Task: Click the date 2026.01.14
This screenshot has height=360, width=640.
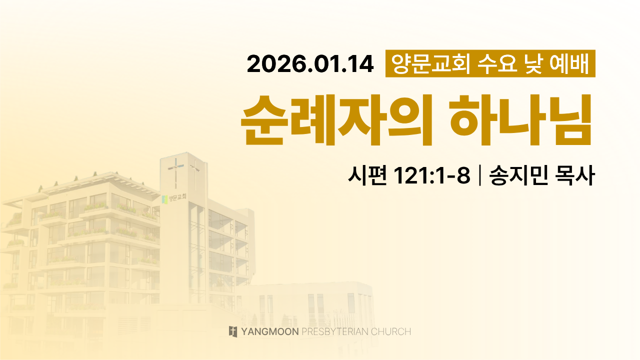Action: pyautogui.click(x=310, y=64)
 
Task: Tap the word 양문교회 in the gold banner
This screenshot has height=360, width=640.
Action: pyautogui.click(x=430, y=63)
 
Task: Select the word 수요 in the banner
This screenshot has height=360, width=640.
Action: pyautogui.click(x=497, y=63)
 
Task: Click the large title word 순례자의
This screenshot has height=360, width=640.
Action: pyautogui.click(x=336, y=119)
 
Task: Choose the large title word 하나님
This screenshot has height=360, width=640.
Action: pyautogui.click(x=520, y=119)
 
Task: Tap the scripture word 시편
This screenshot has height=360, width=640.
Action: pyautogui.click(x=367, y=175)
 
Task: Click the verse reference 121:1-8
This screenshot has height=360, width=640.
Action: pyautogui.click(x=432, y=175)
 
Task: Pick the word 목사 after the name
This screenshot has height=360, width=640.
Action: pyautogui.click(x=575, y=175)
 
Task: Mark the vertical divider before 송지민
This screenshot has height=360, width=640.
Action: pyautogui.click(x=479, y=175)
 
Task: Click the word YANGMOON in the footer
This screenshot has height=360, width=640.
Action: pyautogui.click(x=270, y=331)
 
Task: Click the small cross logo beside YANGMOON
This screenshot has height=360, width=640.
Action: pyautogui.click(x=233, y=331)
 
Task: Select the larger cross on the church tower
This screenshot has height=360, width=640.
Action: pyautogui.click(x=175, y=172)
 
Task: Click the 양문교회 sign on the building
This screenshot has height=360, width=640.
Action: pyautogui.click(x=177, y=197)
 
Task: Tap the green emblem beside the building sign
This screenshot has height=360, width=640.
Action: pyautogui.click(x=165, y=199)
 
